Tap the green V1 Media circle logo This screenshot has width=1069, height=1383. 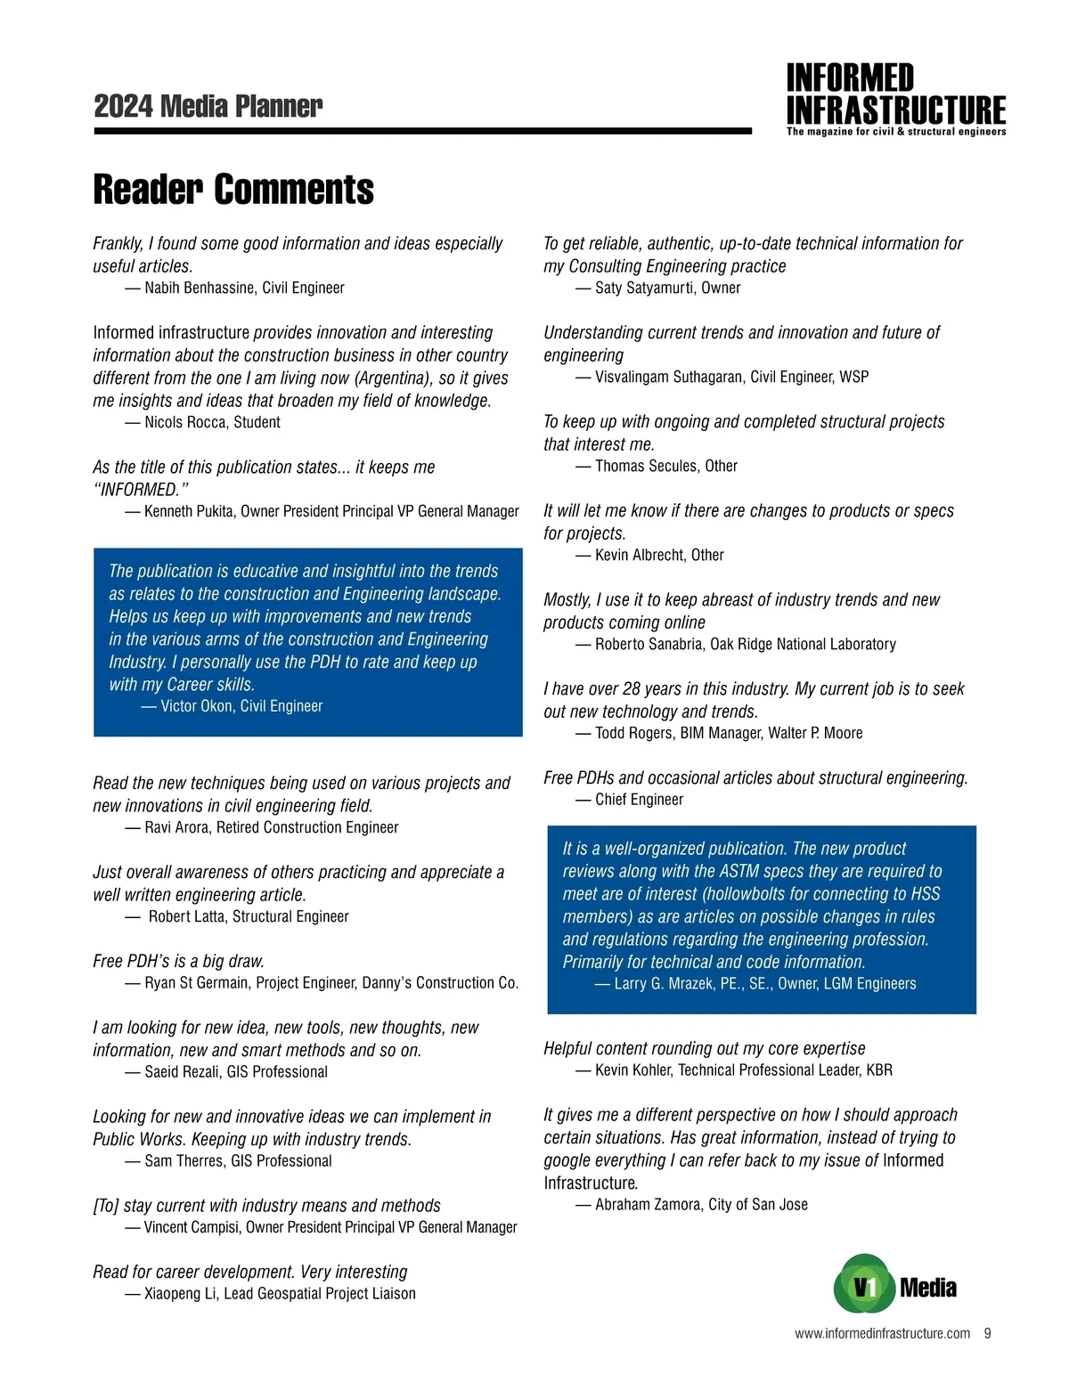click(863, 1285)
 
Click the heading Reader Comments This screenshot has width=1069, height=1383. click(233, 190)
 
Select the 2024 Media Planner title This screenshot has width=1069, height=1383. click(208, 106)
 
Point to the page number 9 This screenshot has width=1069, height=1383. click(987, 1333)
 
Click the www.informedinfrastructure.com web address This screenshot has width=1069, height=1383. click(882, 1333)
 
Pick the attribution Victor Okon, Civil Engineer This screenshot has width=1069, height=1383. click(241, 706)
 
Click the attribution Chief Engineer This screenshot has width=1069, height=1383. click(639, 800)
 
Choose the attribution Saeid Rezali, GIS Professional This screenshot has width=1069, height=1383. click(236, 1072)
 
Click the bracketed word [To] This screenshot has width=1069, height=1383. click(106, 1206)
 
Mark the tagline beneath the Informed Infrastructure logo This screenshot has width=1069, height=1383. click(896, 132)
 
